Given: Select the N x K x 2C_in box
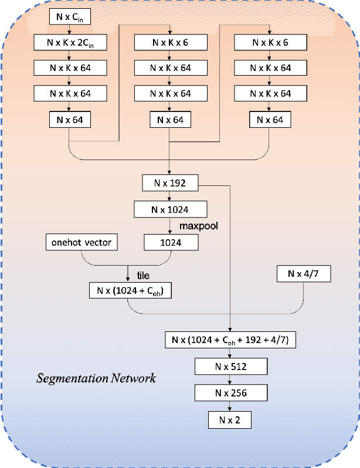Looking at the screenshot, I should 70,42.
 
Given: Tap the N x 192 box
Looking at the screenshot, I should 170,183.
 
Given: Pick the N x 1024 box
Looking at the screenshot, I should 170,209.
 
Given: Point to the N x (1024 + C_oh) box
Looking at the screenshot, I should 130,290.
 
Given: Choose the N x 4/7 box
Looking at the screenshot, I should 304,273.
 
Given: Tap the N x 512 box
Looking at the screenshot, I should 231,367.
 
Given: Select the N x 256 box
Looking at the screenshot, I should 231,392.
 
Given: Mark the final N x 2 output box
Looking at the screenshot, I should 231,419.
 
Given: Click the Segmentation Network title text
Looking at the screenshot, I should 96,378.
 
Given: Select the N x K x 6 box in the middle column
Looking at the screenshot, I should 170,42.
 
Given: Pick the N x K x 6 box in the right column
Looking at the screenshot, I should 270,42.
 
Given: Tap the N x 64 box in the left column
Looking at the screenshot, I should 70,120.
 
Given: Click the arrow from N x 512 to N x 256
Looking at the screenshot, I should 231,379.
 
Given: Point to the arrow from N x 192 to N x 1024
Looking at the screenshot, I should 170,196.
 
